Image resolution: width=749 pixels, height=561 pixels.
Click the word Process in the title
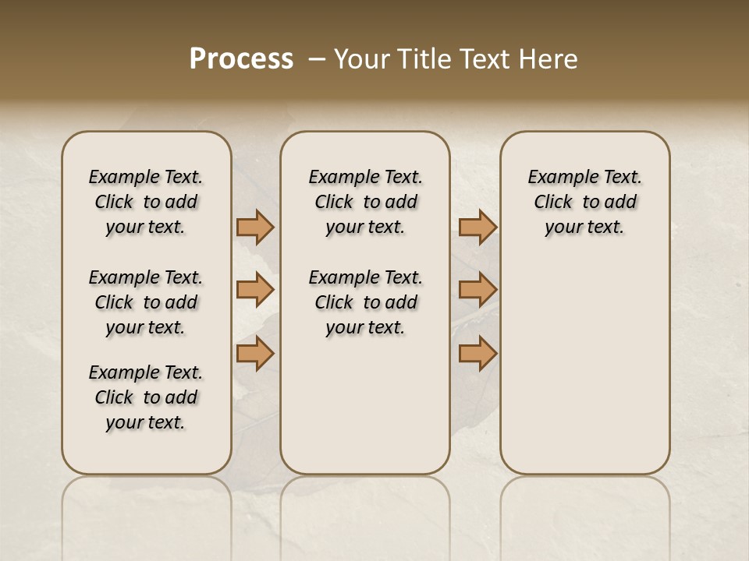(241, 59)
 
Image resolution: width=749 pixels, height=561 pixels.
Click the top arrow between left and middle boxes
(255, 228)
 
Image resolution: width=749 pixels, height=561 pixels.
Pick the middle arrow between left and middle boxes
(255, 290)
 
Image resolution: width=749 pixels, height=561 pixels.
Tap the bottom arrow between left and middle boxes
(255, 353)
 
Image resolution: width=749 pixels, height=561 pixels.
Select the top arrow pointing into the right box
(477, 228)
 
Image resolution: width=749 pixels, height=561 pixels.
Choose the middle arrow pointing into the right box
(477, 290)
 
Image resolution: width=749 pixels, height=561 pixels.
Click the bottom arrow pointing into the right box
(477, 353)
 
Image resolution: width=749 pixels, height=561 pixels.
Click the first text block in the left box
(146, 202)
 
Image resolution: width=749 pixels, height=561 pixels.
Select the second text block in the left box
(146, 302)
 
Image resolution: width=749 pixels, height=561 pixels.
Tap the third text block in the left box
(146, 397)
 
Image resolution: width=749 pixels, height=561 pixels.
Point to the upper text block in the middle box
(365, 202)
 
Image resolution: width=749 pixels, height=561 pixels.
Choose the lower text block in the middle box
(365, 302)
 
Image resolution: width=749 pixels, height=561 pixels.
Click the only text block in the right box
(584, 202)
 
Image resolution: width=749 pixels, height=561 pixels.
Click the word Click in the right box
(553, 203)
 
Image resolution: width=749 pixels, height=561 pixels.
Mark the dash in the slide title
(317, 59)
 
